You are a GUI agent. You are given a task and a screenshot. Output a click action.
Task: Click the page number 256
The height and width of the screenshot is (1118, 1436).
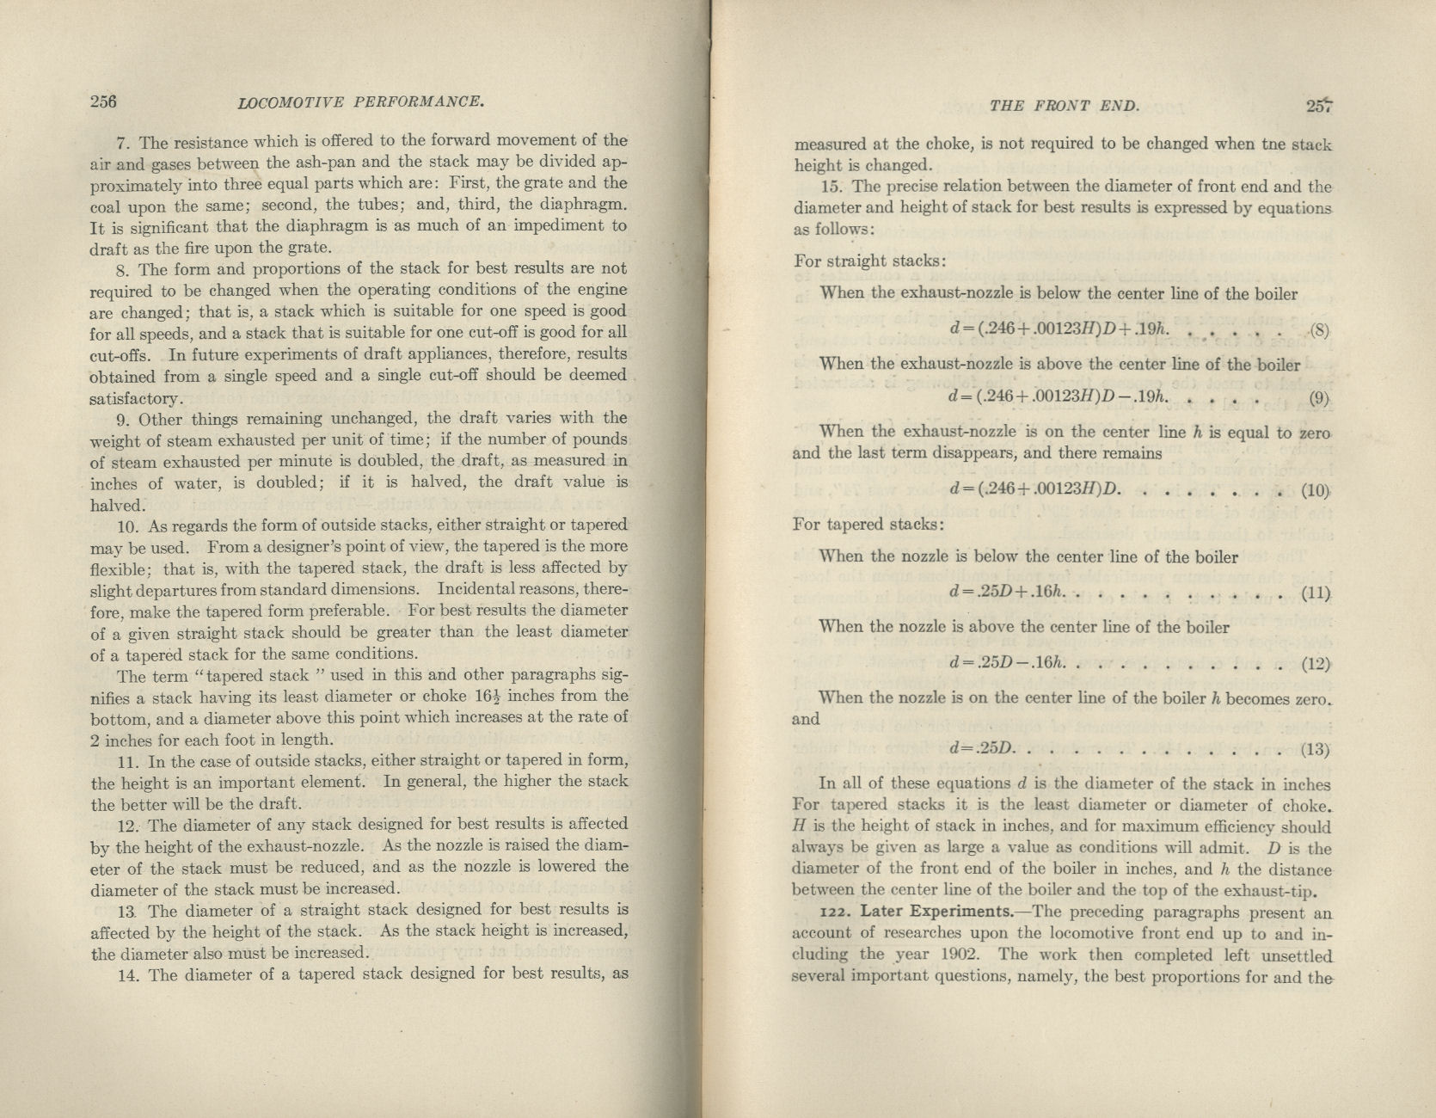pos(103,101)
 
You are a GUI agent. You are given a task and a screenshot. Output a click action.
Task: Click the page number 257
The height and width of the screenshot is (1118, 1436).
pos(1318,106)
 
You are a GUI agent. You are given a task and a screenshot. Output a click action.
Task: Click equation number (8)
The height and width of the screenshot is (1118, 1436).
pos(1318,330)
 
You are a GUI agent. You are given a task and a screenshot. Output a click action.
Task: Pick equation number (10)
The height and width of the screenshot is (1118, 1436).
pos(1316,491)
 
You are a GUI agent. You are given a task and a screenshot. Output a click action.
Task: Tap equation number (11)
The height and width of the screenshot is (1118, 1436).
pos(1316,593)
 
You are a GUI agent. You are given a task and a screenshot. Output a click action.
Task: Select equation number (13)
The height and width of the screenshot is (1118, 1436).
pos(1316,749)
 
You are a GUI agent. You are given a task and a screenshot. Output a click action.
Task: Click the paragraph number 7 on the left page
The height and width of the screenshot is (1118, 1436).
pos(123,142)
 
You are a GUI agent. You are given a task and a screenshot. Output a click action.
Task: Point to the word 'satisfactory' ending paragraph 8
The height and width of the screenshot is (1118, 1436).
pos(136,399)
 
